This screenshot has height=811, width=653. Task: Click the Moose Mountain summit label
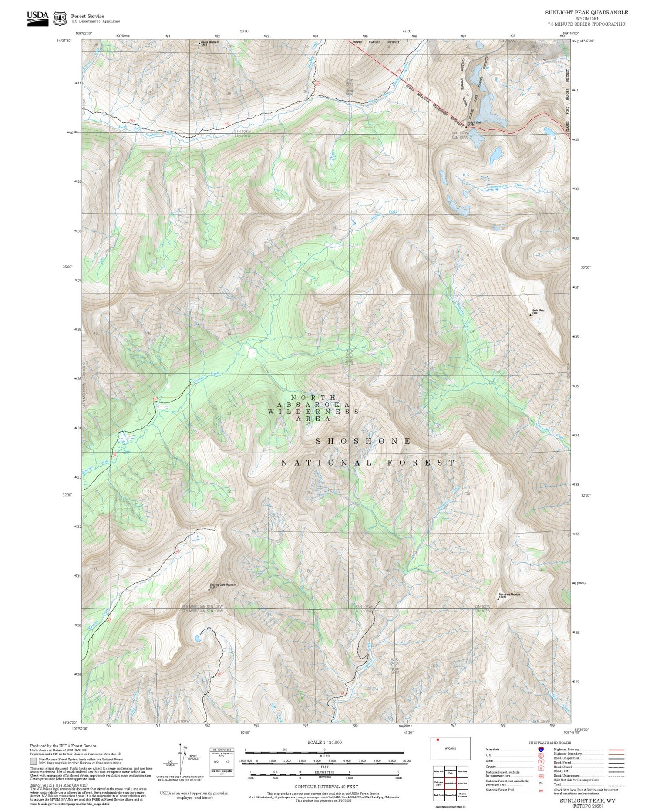pyautogui.click(x=210, y=43)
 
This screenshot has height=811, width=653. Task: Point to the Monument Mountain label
pyautogui.click(x=509, y=595)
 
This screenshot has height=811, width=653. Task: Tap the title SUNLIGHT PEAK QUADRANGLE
pyautogui.click(x=586, y=13)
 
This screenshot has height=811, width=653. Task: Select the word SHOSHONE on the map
pyautogui.click(x=364, y=441)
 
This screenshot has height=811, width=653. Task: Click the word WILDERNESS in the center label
pyautogui.click(x=313, y=412)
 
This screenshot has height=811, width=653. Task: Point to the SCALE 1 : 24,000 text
pyautogui.click(x=324, y=742)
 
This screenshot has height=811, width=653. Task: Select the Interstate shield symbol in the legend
pyautogui.click(x=541, y=749)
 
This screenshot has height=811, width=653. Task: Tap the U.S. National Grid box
pyautogui.click(x=222, y=760)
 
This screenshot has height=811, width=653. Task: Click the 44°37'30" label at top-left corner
pyautogui.click(x=64, y=40)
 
